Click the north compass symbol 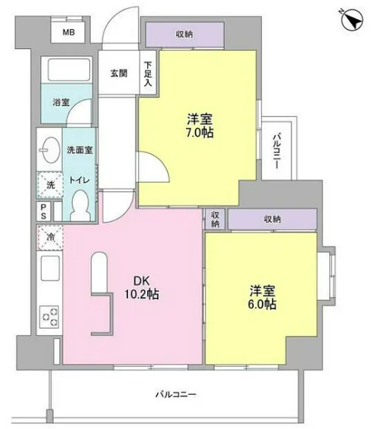352,20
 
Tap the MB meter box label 69,32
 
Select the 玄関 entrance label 119,73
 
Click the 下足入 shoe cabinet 148,72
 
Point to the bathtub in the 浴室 69,70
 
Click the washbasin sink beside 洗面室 50,150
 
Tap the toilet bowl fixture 80,205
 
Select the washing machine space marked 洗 50,184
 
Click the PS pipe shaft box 43,211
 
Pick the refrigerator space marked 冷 50,238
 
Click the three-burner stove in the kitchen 49,317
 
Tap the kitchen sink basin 50,268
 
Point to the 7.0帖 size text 200,133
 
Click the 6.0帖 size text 262,304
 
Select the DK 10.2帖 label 142,288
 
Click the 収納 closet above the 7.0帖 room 185,34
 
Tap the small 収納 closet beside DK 215,219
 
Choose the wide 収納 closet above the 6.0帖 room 272,219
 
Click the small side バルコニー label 277,151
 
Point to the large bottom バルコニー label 176,394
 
